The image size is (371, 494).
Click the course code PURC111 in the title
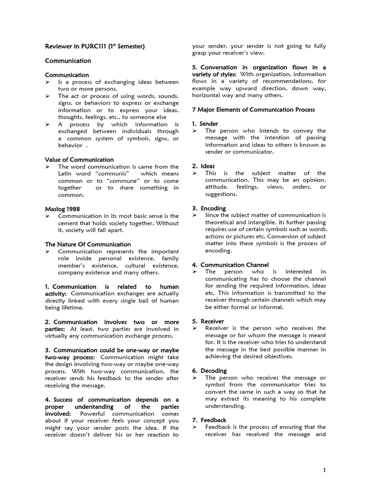coord(96,46)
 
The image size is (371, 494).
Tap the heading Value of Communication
coord(79,160)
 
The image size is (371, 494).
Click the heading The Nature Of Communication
coord(87,245)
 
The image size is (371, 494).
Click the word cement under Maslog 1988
coord(69,223)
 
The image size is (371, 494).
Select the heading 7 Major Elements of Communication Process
coord(253,110)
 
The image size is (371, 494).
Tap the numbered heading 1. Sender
coord(205,124)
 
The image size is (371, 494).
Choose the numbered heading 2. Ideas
coord(203,166)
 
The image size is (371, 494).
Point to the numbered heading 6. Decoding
coord(209,370)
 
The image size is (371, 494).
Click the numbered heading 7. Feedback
coord(209,420)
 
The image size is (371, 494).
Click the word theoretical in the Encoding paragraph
coord(223,222)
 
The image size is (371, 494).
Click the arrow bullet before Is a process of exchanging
coord(48,82)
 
